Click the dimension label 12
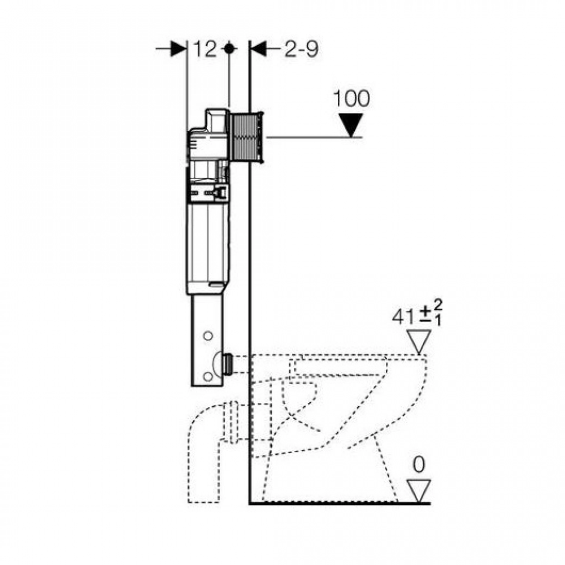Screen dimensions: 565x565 205,49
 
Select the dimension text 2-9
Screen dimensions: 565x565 301,49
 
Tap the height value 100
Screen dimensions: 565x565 351,98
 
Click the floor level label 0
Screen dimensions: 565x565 419,465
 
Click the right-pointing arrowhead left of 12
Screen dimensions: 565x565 179,49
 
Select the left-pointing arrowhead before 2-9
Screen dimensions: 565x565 258,49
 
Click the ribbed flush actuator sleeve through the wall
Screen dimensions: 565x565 247,137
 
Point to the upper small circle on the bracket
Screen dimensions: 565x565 208,336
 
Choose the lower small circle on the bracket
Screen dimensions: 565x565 208,376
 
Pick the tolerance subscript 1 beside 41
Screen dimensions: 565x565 438,321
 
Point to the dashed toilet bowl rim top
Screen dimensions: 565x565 338,355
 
